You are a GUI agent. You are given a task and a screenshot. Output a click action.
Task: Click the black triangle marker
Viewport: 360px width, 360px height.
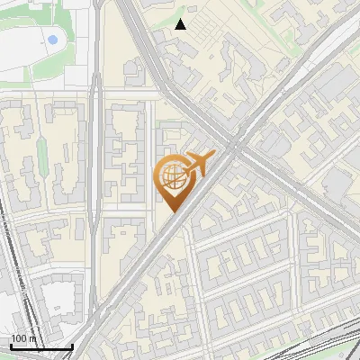[x=181, y=24]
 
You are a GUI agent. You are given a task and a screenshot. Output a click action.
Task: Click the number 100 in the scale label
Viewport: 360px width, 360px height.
[x=18, y=338]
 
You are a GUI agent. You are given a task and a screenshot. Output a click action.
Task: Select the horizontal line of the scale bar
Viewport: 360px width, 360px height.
[x=41, y=346]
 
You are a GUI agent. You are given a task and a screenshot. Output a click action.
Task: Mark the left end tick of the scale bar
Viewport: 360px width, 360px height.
[x=11, y=345]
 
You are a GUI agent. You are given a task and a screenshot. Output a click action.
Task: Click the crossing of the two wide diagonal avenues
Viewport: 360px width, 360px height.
[x=236, y=144]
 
